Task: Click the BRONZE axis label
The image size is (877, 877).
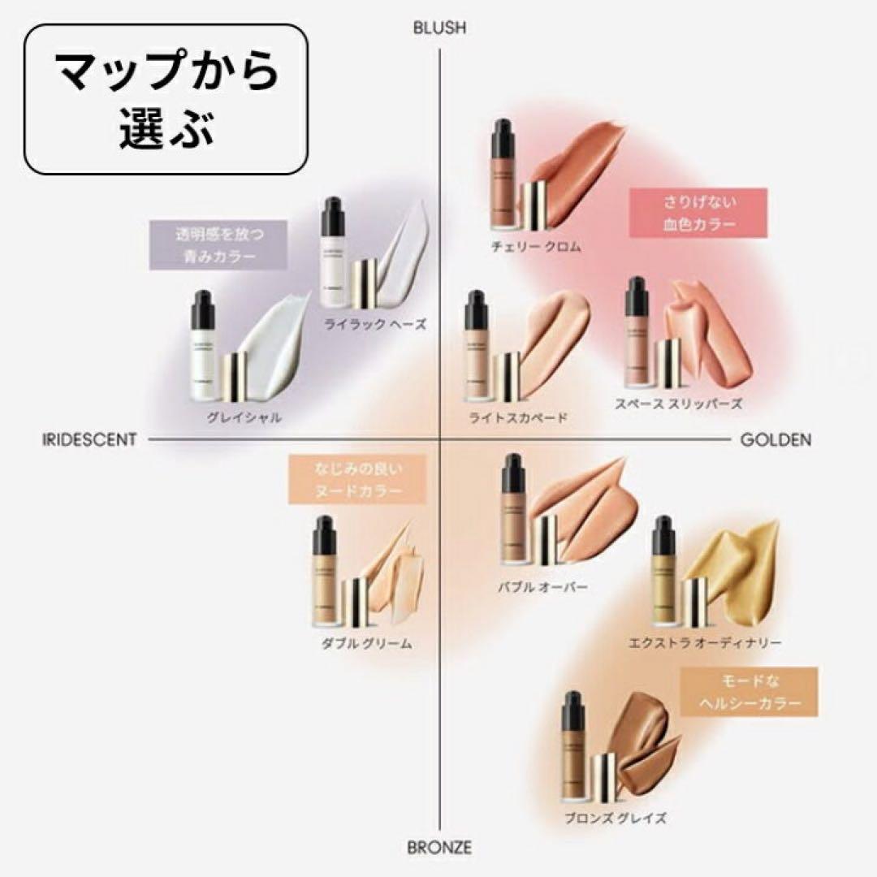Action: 439,848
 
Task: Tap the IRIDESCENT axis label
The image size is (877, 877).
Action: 89,439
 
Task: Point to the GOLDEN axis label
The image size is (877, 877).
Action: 775,439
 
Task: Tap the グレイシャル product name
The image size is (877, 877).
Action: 244,417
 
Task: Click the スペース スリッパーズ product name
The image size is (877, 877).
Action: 679,404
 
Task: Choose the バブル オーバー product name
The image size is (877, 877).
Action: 542,585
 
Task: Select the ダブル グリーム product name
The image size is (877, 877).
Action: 367,643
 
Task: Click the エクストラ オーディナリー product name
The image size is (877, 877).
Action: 705,643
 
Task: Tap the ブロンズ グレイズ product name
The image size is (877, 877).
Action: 616,818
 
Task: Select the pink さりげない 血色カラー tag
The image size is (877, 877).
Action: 698,213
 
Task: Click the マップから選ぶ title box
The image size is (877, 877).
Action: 166,95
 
